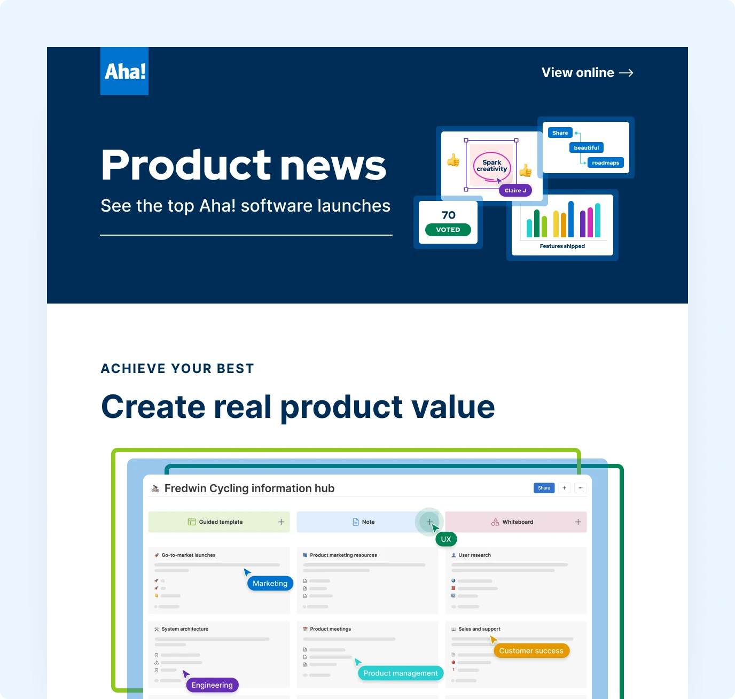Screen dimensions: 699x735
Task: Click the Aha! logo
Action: click(124, 71)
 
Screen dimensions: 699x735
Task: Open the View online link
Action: click(587, 73)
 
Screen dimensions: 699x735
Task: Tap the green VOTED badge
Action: click(448, 230)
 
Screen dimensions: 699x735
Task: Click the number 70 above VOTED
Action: click(449, 215)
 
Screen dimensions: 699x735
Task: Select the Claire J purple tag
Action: click(515, 191)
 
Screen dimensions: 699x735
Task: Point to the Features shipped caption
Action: click(562, 246)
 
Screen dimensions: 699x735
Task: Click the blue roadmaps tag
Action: click(605, 163)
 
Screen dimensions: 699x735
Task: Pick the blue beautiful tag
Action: click(587, 148)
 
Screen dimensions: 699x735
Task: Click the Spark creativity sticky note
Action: click(491, 166)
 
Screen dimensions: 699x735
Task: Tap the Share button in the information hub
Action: click(544, 488)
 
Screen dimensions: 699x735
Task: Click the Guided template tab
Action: click(220, 522)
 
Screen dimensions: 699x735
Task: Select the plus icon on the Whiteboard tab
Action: click(578, 522)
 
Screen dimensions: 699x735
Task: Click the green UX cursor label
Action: click(446, 539)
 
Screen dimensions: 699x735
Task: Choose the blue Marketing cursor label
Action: click(270, 584)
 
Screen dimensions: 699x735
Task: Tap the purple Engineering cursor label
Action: click(212, 685)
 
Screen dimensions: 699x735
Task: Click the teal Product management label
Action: click(401, 673)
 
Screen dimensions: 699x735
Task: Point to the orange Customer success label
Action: click(531, 651)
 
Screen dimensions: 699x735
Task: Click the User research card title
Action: click(474, 555)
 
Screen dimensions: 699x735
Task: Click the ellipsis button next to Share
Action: click(581, 488)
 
